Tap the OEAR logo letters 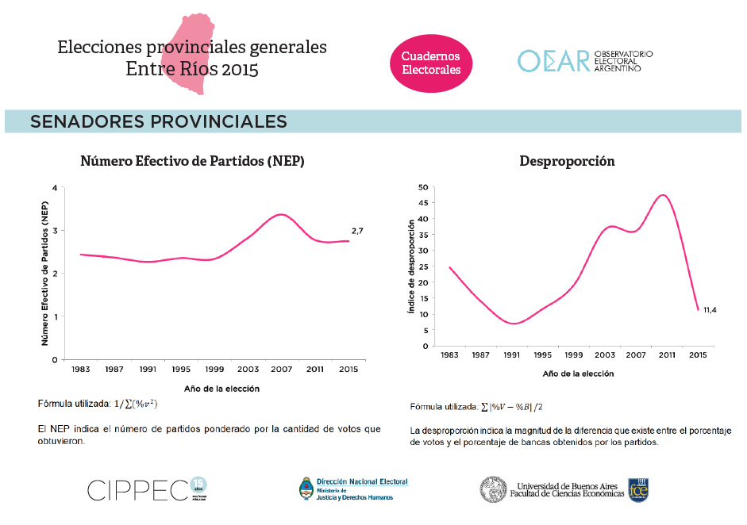tap(553, 61)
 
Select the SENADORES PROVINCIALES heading tap(159, 121)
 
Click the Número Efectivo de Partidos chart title tap(193, 161)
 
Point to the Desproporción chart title tap(567, 161)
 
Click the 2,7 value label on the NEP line tap(357, 230)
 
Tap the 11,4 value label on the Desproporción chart tap(710, 309)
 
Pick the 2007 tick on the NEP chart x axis tap(280, 369)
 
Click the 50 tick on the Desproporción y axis tap(424, 187)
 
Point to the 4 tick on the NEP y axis tap(55, 188)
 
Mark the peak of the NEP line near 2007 tap(280, 214)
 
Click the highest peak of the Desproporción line tap(663, 195)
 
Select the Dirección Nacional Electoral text tap(362, 482)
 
